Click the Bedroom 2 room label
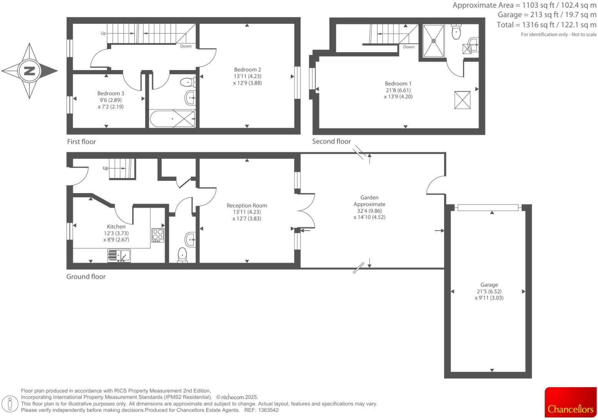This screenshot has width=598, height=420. [x=247, y=70]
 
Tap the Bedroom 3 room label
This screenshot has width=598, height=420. [x=110, y=93]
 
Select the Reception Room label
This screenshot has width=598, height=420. [x=247, y=206]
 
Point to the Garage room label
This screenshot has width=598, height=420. [x=489, y=285]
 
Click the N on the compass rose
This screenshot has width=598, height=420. [x=30, y=71]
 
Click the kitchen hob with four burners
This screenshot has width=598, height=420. [x=158, y=235]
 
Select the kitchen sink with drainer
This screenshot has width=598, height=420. [x=119, y=256]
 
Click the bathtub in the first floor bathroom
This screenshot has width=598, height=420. [x=172, y=119]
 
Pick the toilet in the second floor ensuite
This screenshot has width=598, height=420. [x=456, y=32]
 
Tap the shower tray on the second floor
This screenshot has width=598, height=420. [x=434, y=40]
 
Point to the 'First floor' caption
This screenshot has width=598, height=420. [x=81, y=142]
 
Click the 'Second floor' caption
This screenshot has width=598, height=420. [x=331, y=141]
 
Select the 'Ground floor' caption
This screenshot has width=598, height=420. [x=86, y=277]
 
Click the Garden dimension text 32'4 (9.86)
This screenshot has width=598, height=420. [x=369, y=211]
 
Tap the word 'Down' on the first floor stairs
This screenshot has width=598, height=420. [x=186, y=46]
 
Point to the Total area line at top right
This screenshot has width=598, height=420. [x=546, y=25]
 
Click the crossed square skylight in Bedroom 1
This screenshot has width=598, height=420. [x=462, y=100]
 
